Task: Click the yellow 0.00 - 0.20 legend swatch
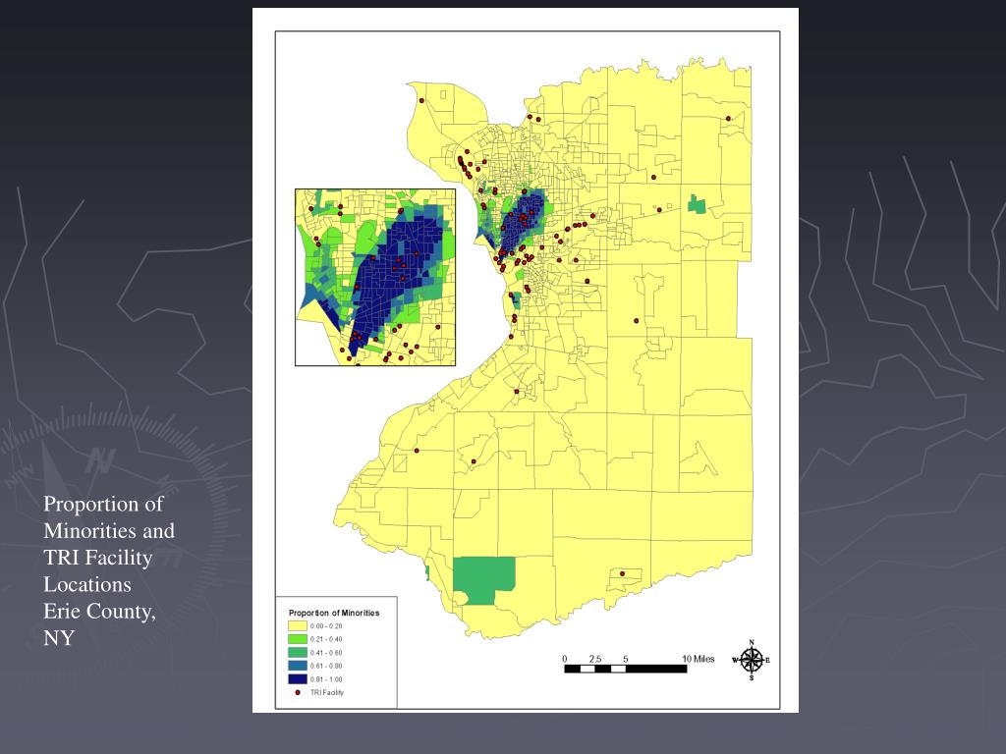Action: [x=297, y=625]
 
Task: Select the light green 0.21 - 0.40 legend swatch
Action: [x=297, y=638]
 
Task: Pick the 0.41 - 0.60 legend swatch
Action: [x=297, y=652]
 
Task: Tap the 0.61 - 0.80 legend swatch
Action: [x=297, y=665]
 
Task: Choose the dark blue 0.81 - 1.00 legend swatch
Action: [x=297, y=678]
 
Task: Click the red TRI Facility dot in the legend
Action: [x=297, y=691]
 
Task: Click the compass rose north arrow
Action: [x=753, y=660]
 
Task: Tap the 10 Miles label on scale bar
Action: [x=699, y=658]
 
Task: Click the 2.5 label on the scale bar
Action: [x=594, y=658]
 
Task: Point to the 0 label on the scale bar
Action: [x=565, y=658]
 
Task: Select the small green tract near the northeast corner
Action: [x=698, y=204]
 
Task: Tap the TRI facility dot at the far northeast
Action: [x=728, y=119]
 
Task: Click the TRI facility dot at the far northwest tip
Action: [x=420, y=100]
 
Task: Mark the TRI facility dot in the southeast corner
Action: [x=622, y=573]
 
